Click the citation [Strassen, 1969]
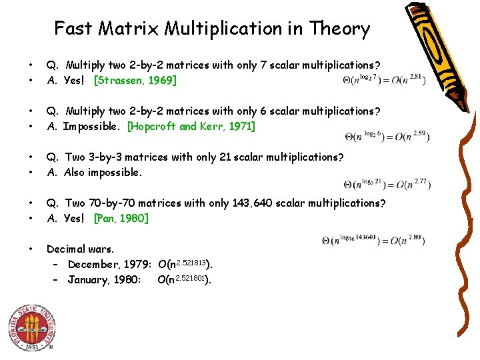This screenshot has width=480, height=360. [x=135, y=81]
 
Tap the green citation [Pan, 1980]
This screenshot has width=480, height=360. [x=121, y=218]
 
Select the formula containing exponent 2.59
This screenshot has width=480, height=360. [x=387, y=137]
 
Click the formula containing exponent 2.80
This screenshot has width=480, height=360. [x=373, y=239]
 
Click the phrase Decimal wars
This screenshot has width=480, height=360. [x=75, y=249]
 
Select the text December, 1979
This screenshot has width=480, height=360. [x=111, y=264]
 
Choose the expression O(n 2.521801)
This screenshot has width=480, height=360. [x=184, y=279]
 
